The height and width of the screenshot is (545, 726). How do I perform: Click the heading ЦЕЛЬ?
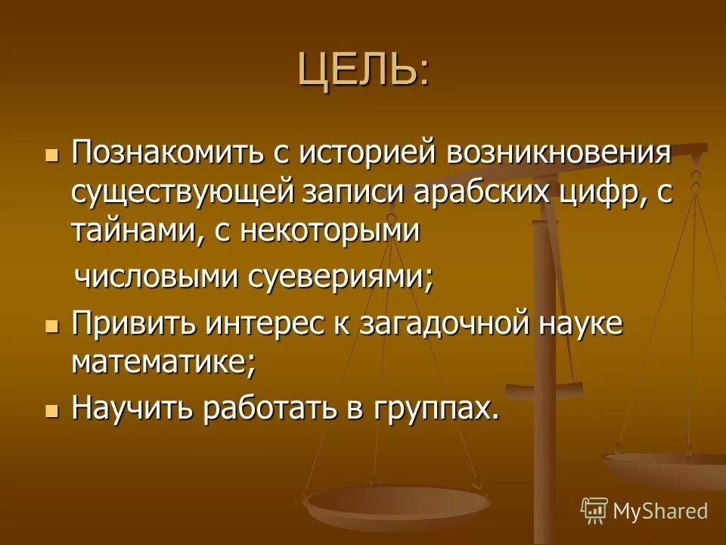362,70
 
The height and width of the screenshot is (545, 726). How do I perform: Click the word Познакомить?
167,154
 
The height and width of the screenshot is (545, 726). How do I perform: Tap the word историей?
366,154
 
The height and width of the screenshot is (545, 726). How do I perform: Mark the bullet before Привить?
51,326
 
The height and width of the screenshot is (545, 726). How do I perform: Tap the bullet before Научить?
51,411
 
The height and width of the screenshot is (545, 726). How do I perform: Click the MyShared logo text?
659,511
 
